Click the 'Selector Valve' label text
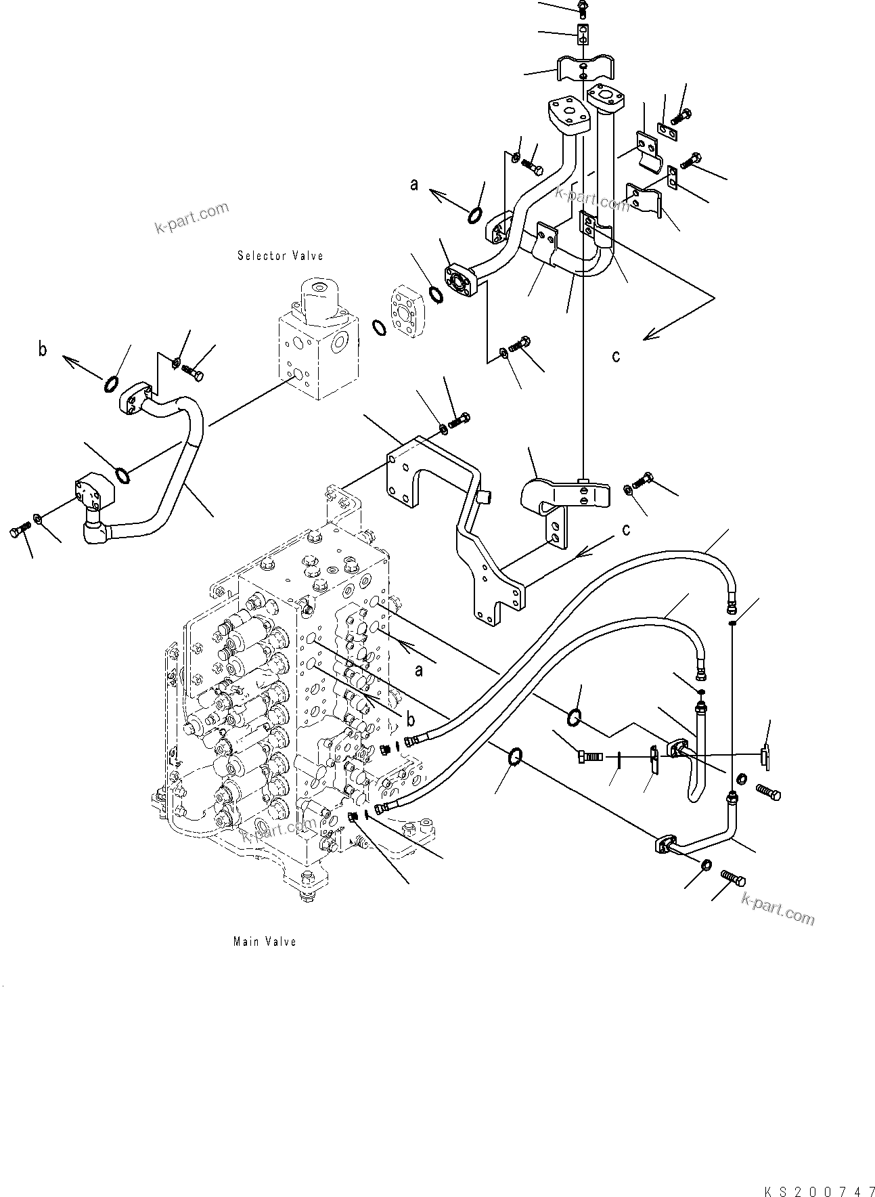(280, 256)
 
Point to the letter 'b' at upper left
(43, 350)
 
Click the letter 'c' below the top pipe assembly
(615, 356)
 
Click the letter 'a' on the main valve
(419, 670)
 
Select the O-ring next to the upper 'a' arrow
(475, 215)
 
